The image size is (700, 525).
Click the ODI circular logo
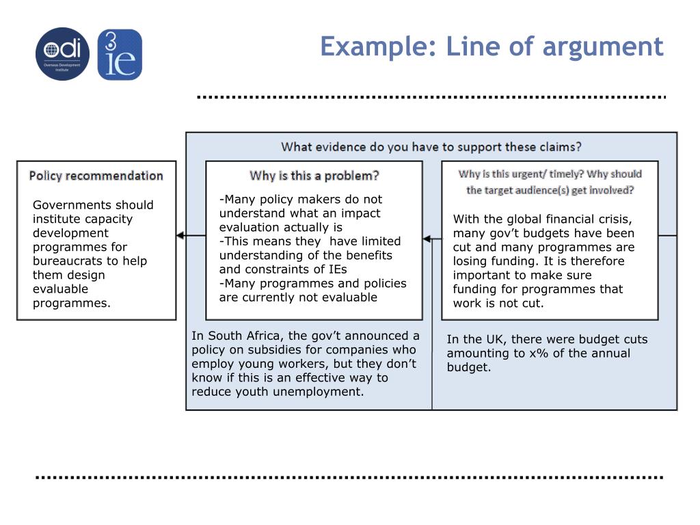click(62, 54)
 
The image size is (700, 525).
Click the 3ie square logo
click(120, 55)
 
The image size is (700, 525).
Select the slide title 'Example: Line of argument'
click(492, 46)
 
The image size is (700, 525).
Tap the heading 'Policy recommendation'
click(96, 176)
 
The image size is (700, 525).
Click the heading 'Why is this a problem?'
click(314, 176)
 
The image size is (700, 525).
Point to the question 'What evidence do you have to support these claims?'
click(431, 146)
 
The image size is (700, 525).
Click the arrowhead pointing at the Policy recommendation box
click(180, 235)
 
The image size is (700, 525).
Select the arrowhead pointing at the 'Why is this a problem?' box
click(427, 239)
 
